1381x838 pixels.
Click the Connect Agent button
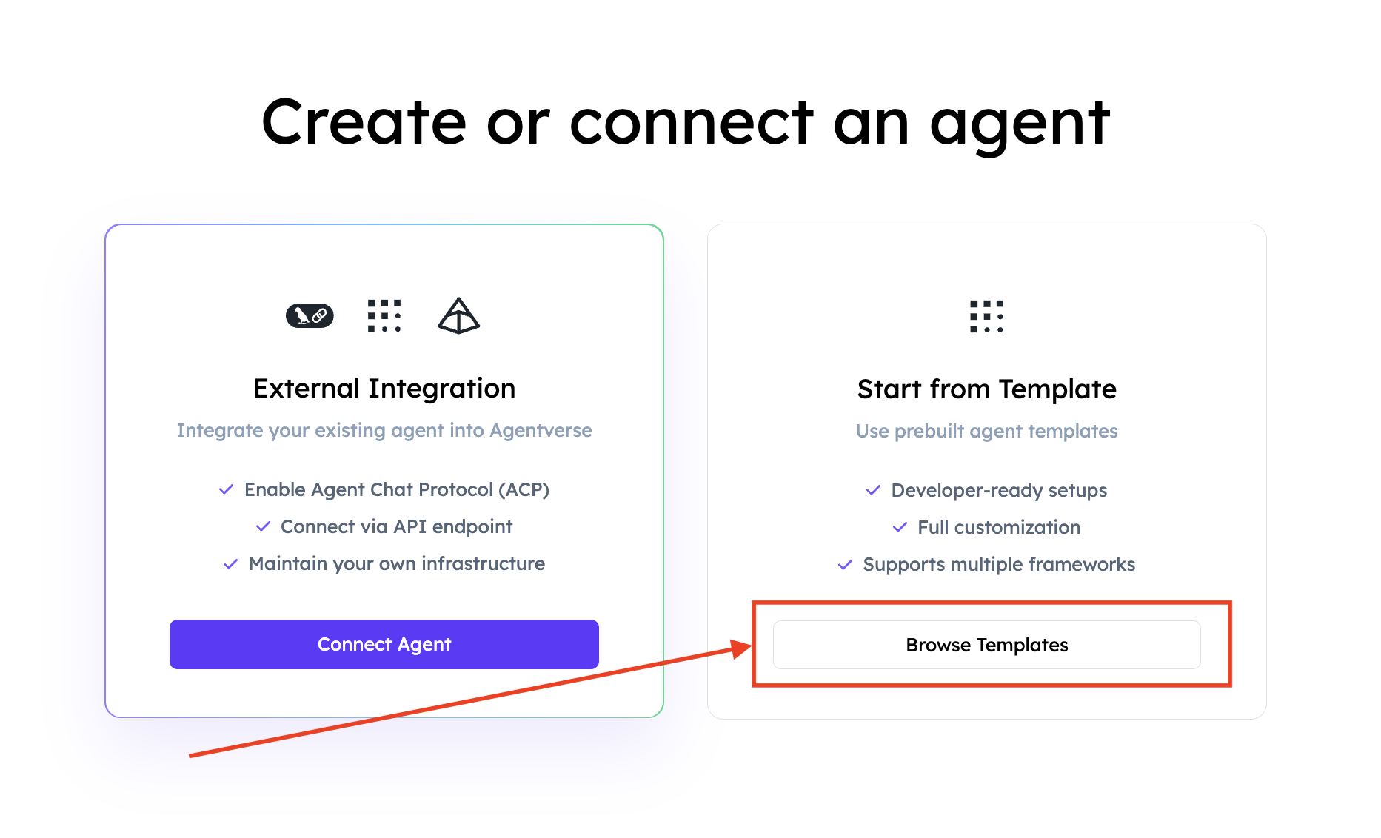click(384, 644)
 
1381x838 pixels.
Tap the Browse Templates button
click(986, 645)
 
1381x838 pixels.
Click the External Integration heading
click(384, 389)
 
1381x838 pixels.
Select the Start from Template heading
click(986, 389)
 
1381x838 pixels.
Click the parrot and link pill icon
click(310, 316)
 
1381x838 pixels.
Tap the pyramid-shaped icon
click(459, 316)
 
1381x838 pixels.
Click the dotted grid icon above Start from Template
click(986, 316)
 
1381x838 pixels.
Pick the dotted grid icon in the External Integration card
click(384, 316)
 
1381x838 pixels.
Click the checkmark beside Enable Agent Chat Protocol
click(227, 489)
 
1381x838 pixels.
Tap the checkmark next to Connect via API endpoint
click(263, 526)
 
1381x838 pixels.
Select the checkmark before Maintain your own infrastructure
click(230, 563)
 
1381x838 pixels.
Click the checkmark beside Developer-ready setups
click(873, 490)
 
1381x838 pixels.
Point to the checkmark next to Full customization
click(900, 527)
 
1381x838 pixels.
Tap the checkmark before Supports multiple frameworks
click(845, 565)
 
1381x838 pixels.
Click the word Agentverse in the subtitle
click(541, 430)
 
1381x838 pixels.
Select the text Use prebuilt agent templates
click(986, 431)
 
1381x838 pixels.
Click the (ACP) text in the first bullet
click(524, 489)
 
